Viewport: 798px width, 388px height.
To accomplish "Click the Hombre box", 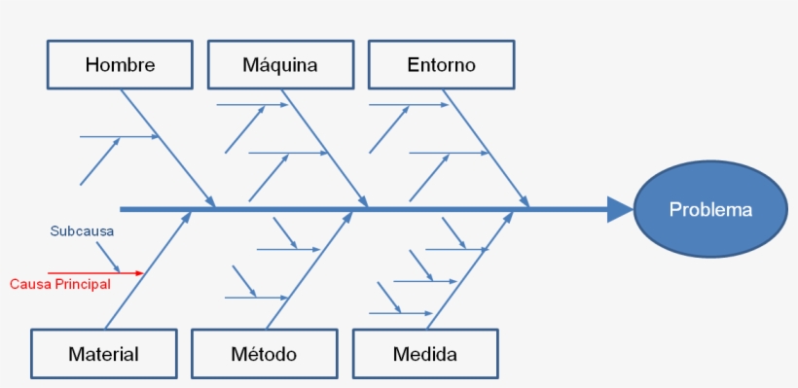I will pos(120,65).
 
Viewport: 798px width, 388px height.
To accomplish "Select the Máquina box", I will pos(280,65).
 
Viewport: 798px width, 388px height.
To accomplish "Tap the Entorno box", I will pos(441,65).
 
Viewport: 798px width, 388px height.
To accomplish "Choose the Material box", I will pos(103,354).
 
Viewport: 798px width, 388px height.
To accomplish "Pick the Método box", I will pos(264,354).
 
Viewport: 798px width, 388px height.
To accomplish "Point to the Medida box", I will pos(425,354).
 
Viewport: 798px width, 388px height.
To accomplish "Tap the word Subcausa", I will pos(82,231).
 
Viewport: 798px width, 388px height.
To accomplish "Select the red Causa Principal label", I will pos(60,284).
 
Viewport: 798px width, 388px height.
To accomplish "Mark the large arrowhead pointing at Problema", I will pos(620,209).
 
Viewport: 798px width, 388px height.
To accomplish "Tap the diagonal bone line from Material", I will pos(146,272).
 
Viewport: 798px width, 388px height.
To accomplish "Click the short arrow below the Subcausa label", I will pos(108,257).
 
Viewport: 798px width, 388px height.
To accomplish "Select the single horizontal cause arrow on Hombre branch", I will pos(119,137).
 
